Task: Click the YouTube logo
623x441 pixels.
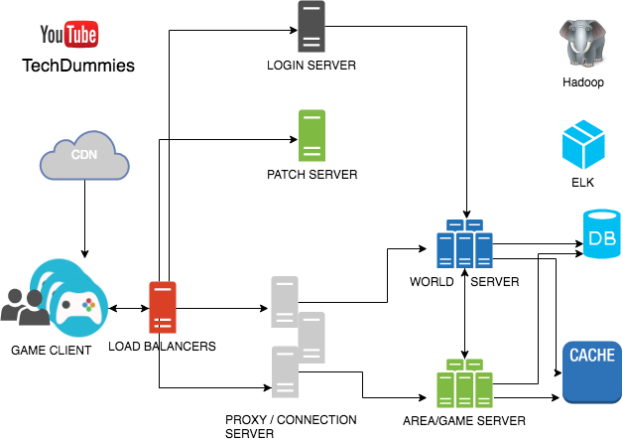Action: [68, 37]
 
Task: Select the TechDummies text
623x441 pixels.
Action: [77, 67]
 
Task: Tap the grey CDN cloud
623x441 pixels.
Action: [84, 158]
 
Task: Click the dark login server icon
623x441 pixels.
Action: [311, 27]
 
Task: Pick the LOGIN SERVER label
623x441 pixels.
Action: [311, 66]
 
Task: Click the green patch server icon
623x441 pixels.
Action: [311, 136]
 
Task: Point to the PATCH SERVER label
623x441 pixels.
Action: [311, 175]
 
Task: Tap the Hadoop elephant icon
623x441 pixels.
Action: [584, 45]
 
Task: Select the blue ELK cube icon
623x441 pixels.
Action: [584, 144]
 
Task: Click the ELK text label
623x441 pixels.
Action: [583, 184]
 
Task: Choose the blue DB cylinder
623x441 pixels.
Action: [602, 236]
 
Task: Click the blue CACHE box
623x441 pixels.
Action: [591, 371]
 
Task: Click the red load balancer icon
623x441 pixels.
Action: [163, 307]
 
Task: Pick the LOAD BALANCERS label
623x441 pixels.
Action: [162, 347]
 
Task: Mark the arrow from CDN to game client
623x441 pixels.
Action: [84, 219]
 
